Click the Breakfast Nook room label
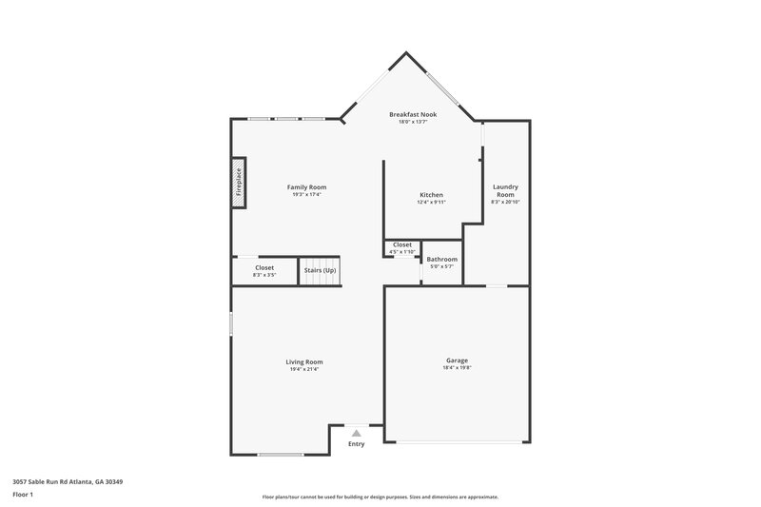[x=413, y=114]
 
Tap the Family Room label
[x=306, y=187]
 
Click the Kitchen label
[x=431, y=195]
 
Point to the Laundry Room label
[x=505, y=190]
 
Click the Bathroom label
[x=441, y=259]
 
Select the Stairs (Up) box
[x=320, y=271]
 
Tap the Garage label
[x=457, y=361]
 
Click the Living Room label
[x=304, y=361]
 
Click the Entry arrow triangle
[x=357, y=433]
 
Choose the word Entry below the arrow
[x=357, y=443]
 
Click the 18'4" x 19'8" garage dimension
[x=457, y=369]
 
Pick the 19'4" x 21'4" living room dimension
[x=304, y=369]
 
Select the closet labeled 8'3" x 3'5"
[x=264, y=271]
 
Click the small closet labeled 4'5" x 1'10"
[x=402, y=248]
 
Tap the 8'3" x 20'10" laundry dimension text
[x=505, y=203]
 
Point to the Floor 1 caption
[x=23, y=495]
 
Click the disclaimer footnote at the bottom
[x=380, y=497]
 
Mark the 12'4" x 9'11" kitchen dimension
[x=431, y=203]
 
